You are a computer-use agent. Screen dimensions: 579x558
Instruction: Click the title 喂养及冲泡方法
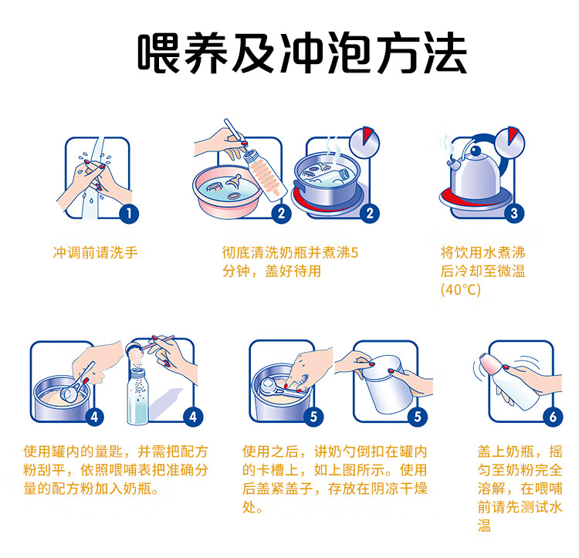[x=303, y=52]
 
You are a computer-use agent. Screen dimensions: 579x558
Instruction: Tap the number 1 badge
[x=129, y=214]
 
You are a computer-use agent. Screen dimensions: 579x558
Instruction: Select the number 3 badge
[x=514, y=213]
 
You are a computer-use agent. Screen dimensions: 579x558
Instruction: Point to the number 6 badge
[x=553, y=417]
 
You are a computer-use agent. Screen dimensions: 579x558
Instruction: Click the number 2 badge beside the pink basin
[x=281, y=213]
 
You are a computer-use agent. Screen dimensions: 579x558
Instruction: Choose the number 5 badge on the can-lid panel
[x=418, y=417]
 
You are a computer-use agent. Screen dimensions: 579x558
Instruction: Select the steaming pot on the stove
[x=327, y=180]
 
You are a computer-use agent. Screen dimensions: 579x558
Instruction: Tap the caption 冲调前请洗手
[x=95, y=253]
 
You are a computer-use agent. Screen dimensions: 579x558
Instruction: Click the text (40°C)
[x=460, y=289]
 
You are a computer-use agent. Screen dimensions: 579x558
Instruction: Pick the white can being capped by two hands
[x=387, y=384]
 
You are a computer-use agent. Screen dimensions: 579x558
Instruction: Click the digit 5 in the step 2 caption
[x=354, y=253]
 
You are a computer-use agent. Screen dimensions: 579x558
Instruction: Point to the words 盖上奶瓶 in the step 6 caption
[x=506, y=451]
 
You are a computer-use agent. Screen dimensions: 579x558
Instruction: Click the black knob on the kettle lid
[x=476, y=151]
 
